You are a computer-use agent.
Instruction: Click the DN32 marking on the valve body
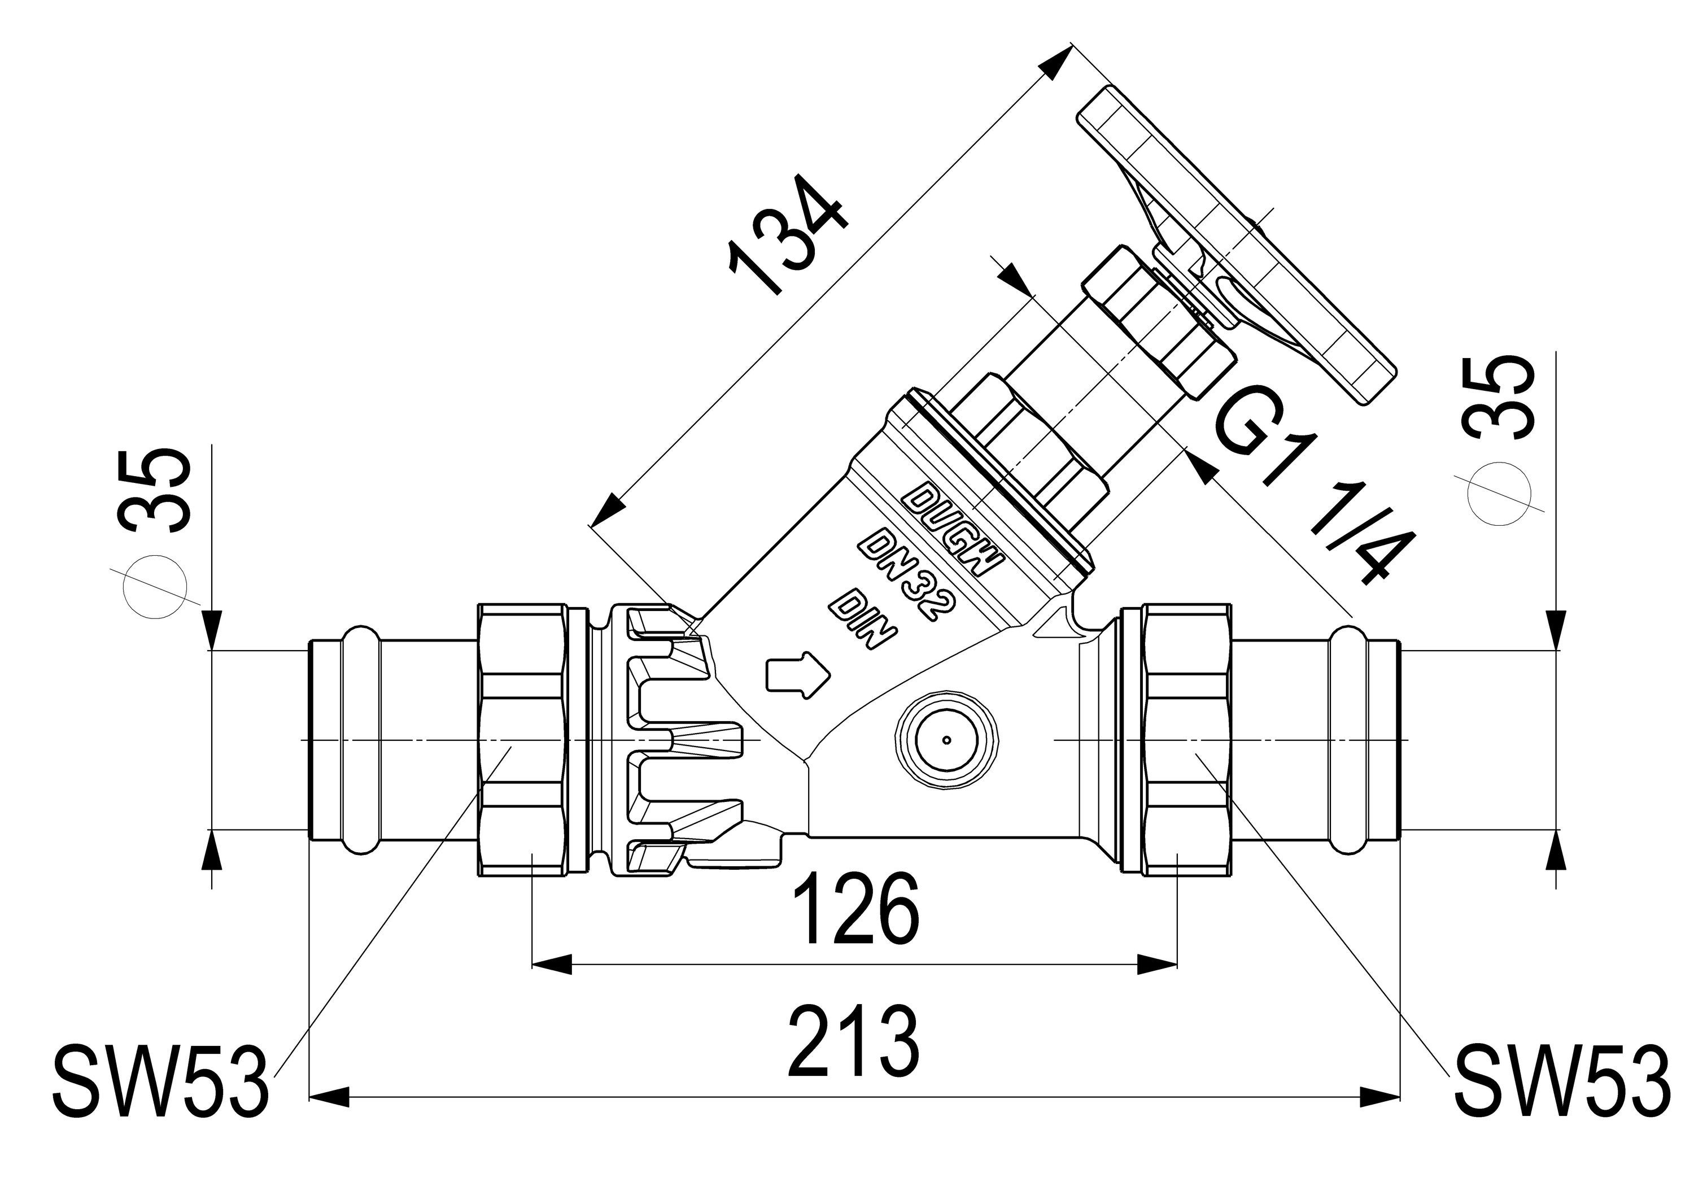click(x=907, y=575)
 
